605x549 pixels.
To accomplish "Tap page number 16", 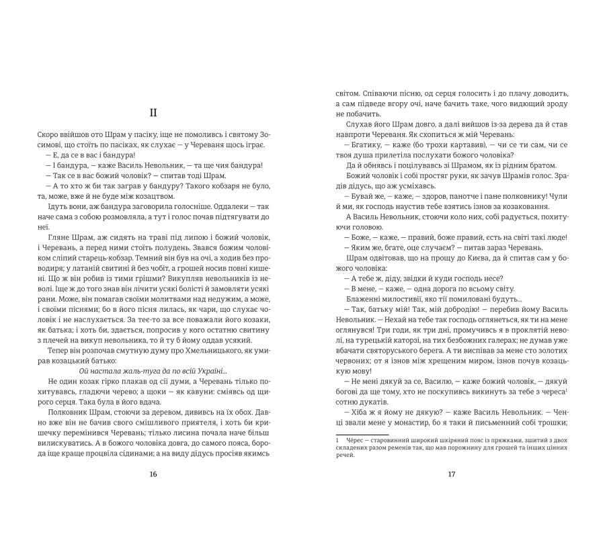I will [x=154, y=474].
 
